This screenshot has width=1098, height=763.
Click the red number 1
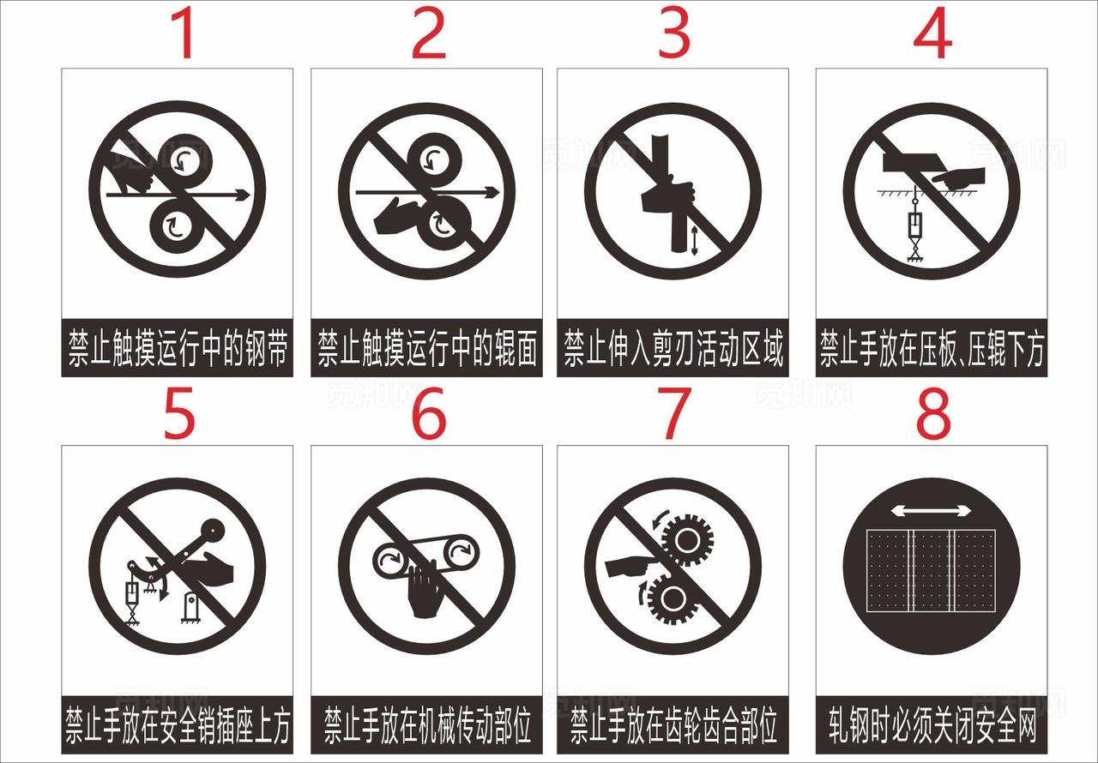184,34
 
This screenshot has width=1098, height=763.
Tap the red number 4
932,34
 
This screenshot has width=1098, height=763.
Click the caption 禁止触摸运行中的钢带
178,351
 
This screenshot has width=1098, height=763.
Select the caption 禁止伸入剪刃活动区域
673,351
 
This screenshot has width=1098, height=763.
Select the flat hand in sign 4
959,178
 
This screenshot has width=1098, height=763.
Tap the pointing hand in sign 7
631,566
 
